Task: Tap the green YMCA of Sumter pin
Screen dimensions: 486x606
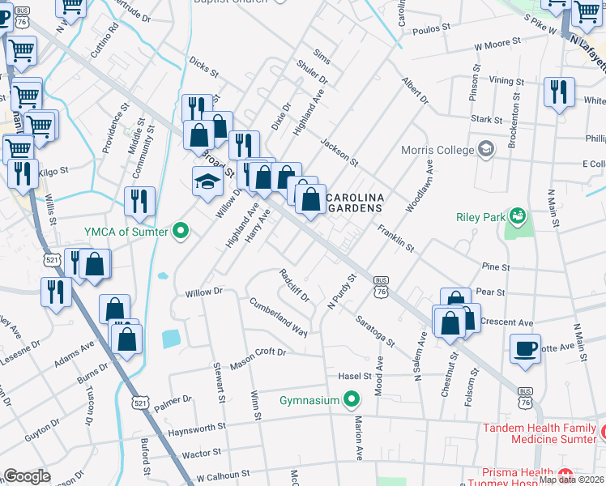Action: click(x=181, y=232)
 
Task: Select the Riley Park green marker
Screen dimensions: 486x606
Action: click(x=515, y=216)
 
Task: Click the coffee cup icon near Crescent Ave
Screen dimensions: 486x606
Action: click(x=525, y=348)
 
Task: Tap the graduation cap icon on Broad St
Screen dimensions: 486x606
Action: click(x=207, y=182)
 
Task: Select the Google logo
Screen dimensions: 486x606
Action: click(x=27, y=476)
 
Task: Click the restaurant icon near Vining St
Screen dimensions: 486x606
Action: click(x=559, y=92)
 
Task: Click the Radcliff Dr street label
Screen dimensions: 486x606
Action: click(x=294, y=285)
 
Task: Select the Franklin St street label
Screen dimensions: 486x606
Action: click(x=395, y=237)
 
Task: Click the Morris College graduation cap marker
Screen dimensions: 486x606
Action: click(x=485, y=150)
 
